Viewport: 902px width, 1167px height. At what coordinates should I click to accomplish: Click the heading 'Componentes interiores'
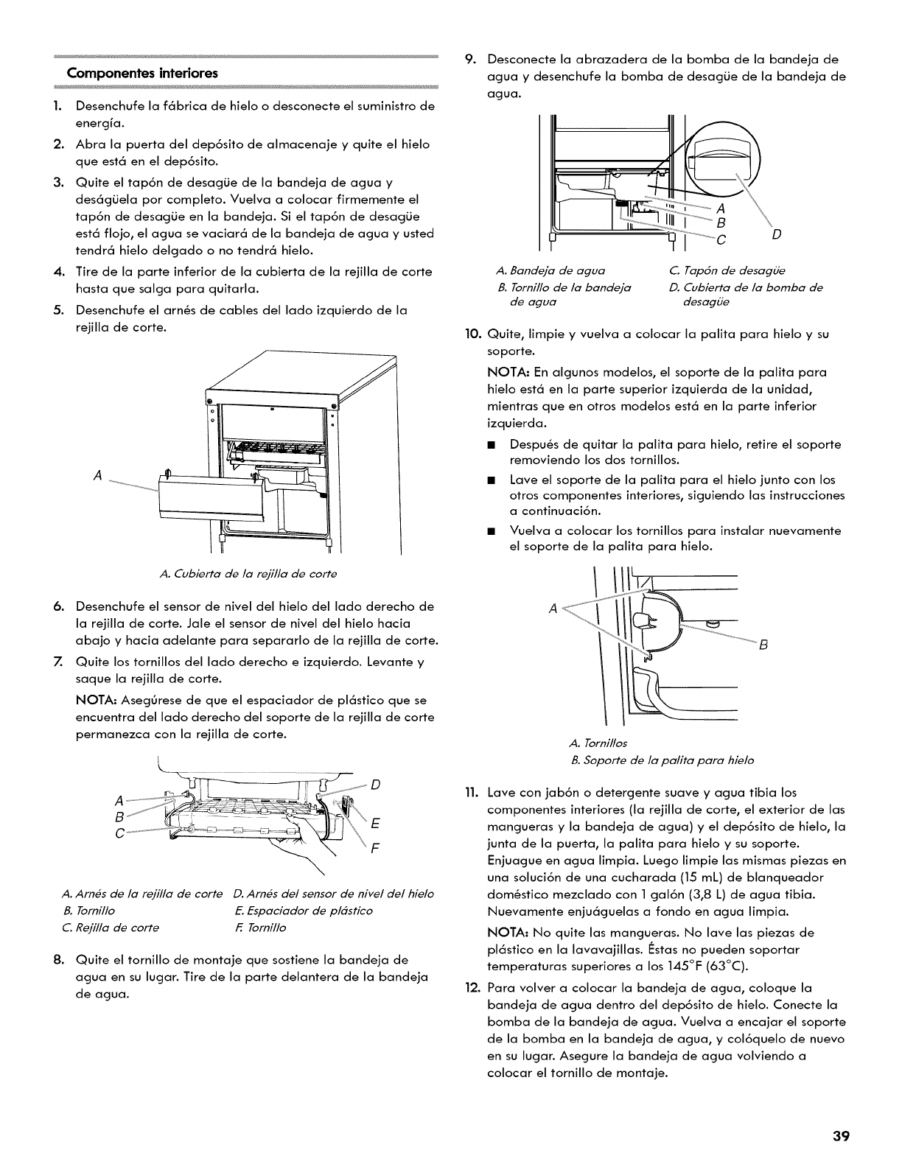142,74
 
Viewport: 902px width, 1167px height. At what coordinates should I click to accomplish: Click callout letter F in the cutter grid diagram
376,848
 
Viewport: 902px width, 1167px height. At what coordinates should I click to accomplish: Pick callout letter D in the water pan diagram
776,236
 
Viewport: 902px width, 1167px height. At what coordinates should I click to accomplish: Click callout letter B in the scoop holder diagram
764,645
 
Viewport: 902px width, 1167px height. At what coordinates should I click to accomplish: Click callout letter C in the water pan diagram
722,237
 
